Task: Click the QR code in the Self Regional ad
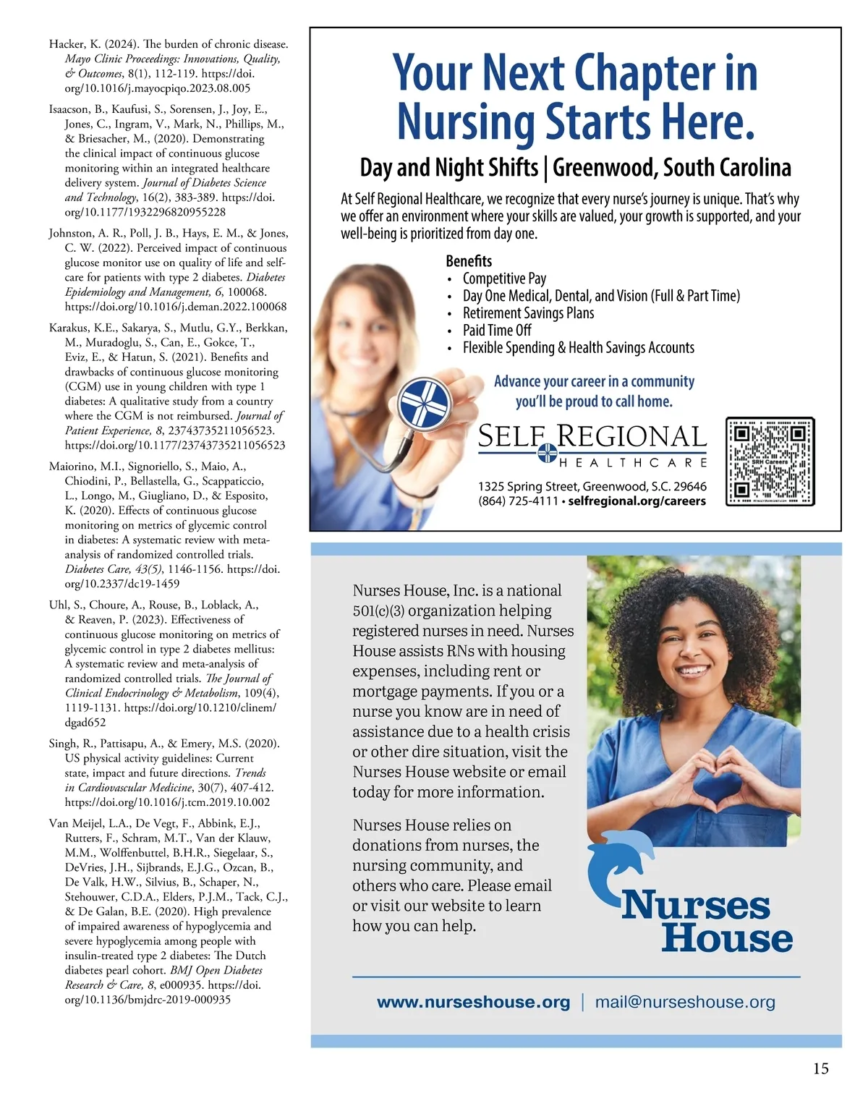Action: pos(770,462)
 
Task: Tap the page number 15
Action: pos(820,1068)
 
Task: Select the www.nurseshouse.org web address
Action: pos(473,1002)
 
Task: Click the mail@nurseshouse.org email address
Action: pos(684,1002)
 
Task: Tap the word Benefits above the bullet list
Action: pos(469,261)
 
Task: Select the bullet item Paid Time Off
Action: pos(497,331)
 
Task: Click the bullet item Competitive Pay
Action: pos(504,278)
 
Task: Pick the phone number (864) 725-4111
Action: pos(518,501)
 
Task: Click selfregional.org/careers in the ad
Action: pos(637,501)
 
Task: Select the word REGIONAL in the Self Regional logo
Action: pos(631,436)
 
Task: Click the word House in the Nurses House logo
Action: pos(727,938)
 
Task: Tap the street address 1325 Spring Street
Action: pos(528,487)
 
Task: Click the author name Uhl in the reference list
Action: pos(58,605)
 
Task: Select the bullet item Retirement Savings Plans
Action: pos(528,313)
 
